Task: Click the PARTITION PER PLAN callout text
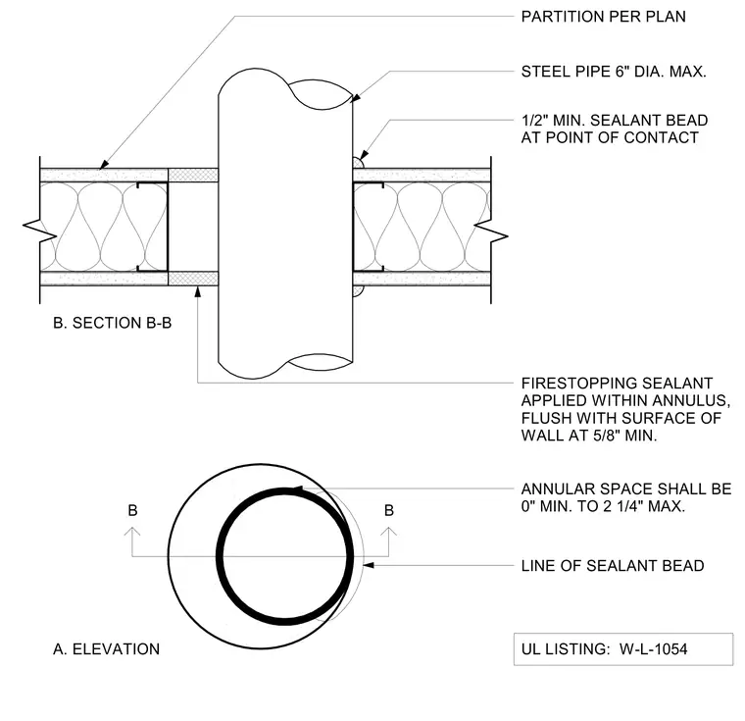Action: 604,17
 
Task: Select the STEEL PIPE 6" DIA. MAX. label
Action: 614,72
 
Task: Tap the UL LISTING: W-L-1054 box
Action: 623,649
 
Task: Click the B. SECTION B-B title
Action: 112,323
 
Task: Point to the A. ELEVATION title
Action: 107,649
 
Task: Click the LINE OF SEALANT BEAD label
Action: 613,566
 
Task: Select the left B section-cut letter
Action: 132,510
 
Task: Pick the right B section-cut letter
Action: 389,510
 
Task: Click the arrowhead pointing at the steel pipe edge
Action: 356,98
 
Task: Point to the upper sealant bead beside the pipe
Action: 358,163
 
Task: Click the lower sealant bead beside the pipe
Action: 358,290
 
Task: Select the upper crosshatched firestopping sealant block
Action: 193,175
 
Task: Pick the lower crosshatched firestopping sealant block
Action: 193,279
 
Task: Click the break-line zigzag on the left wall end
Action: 40,230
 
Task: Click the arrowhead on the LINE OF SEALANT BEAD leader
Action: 369,565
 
